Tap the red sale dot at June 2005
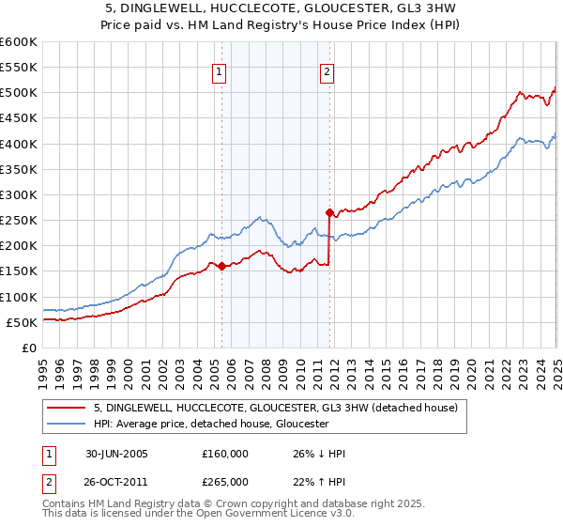pos(221,266)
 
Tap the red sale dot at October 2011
pos(329,212)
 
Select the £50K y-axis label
pos(22,322)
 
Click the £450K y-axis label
pos(19,118)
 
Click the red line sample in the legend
pos(67,408)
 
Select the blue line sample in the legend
pos(67,425)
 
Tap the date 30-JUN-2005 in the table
pos(115,454)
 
